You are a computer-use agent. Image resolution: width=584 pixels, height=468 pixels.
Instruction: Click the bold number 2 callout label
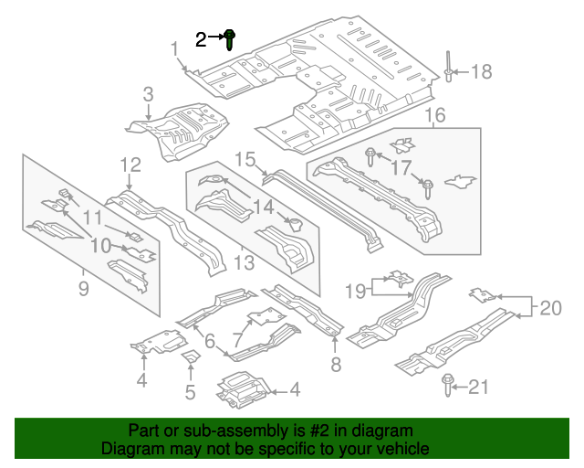[x=201, y=38]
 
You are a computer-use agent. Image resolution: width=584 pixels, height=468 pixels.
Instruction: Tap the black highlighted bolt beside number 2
[x=230, y=38]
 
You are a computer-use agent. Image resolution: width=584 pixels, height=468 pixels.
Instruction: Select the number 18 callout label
[x=480, y=72]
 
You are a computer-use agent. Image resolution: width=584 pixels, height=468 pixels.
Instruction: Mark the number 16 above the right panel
[x=434, y=115]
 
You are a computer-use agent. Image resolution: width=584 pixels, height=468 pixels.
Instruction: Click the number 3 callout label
[x=148, y=94]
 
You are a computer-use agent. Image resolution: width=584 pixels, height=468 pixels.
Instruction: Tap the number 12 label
[x=130, y=165]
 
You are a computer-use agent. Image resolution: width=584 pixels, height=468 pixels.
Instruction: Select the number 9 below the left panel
[x=83, y=291]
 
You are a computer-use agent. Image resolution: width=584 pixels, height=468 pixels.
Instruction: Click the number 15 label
[x=245, y=160]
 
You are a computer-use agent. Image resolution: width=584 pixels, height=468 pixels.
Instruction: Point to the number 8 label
[x=336, y=366]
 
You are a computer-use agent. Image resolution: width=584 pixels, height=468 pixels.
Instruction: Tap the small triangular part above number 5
[x=192, y=356]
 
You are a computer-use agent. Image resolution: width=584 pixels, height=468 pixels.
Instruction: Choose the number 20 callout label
[x=551, y=309]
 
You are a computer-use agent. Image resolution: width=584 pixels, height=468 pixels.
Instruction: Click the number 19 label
[x=358, y=292]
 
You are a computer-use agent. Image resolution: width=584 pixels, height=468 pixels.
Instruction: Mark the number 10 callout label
[x=100, y=245]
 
